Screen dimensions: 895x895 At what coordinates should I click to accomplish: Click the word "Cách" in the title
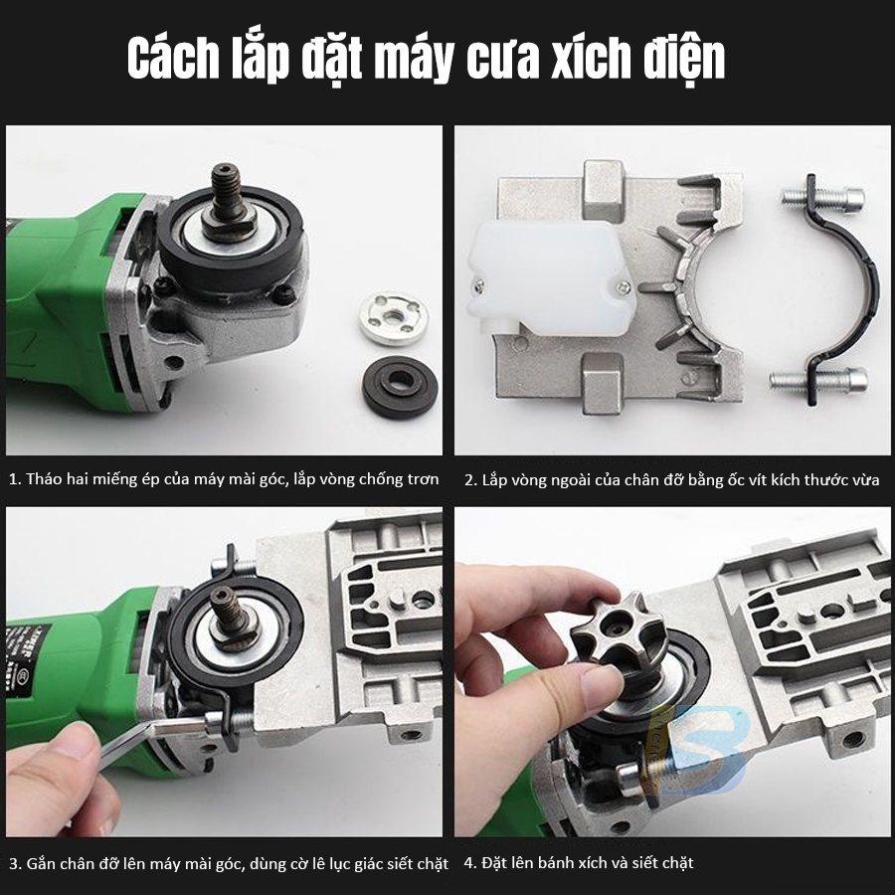(x=173, y=59)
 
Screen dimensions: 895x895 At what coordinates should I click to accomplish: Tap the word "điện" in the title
(x=684, y=60)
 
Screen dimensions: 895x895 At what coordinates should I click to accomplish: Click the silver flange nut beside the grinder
(x=394, y=317)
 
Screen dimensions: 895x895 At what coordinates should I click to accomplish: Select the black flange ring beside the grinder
(x=400, y=387)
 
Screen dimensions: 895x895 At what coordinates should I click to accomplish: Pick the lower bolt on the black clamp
(x=819, y=379)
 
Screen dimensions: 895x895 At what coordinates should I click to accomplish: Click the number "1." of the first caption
(x=15, y=479)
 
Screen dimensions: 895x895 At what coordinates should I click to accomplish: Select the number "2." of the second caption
(x=470, y=480)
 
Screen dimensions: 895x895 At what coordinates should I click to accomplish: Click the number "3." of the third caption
(x=15, y=863)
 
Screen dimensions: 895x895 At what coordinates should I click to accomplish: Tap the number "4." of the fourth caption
(x=470, y=862)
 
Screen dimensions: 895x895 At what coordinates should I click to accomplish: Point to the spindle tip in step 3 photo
(x=223, y=595)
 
